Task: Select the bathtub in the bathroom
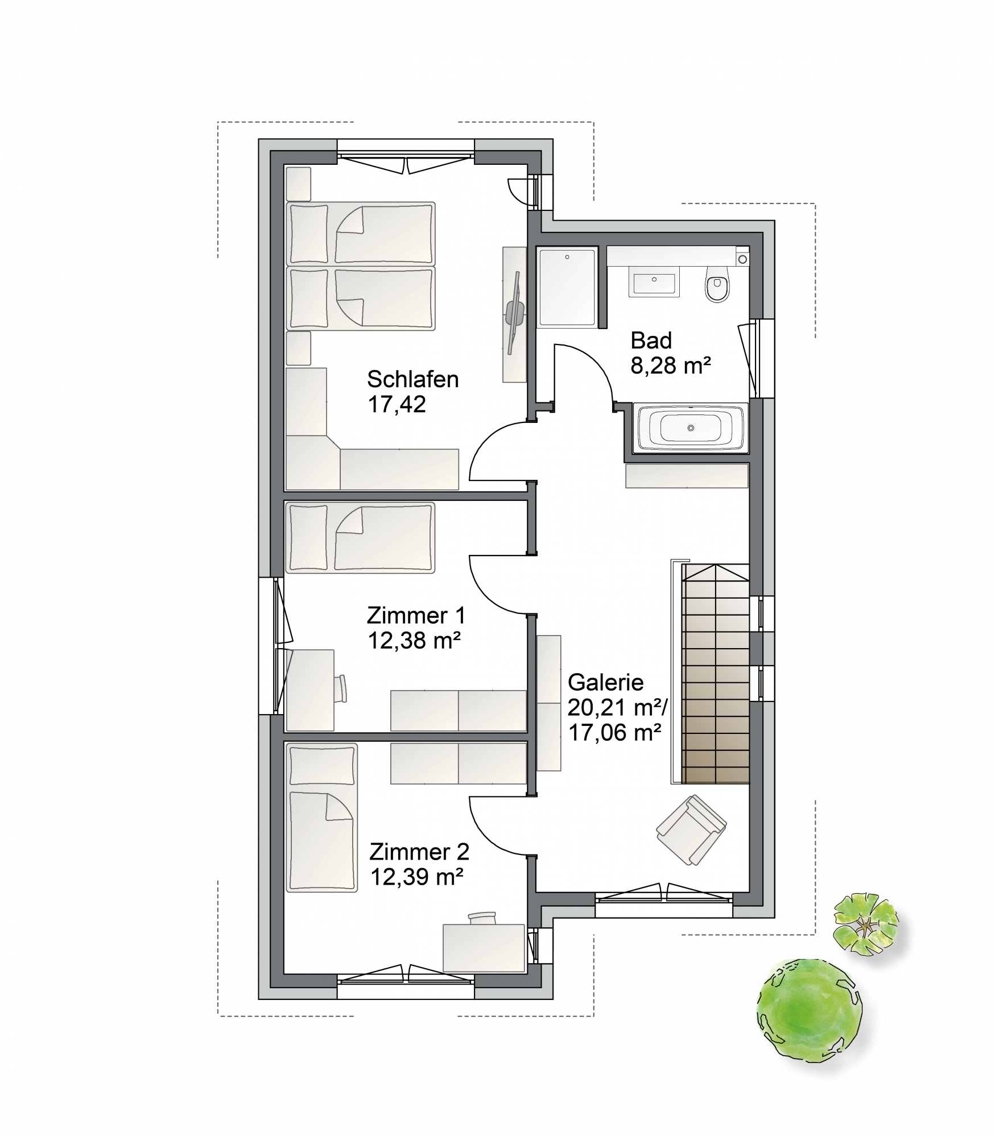click(690, 428)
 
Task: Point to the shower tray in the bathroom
click(567, 287)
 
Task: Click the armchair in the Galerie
click(691, 830)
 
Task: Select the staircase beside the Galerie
click(716, 674)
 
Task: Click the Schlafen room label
click(412, 379)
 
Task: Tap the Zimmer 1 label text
click(416, 615)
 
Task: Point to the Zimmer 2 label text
click(419, 852)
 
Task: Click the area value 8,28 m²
click(671, 365)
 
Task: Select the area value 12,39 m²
click(416, 877)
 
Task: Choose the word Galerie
click(605, 682)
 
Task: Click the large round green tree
click(809, 1009)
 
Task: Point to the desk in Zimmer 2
click(484, 948)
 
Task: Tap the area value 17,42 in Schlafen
click(397, 404)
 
